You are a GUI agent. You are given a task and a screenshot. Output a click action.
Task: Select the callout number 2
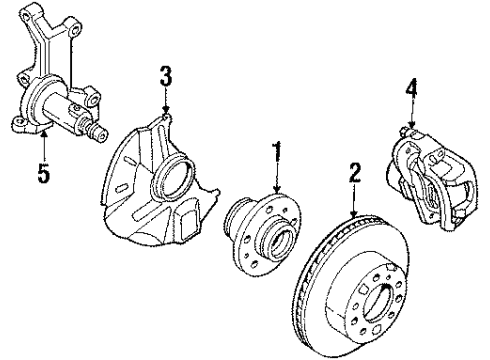pyautogui.click(x=355, y=173)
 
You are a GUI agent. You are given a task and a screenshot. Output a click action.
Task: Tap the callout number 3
pyautogui.click(x=166, y=76)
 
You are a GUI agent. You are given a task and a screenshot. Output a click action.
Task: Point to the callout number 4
pyautogui.click(x=411, y=88)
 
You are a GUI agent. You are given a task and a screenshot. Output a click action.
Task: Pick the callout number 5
pyautogui.click(x=44, y=173)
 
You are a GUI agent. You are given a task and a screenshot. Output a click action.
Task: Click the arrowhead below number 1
pyautogui.click(x=277, y=189)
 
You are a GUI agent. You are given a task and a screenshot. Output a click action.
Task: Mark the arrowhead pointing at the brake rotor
pyautogui.click(x=354, y=212)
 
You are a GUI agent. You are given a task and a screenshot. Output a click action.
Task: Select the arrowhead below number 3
pyautogui.click(x=166, y=110)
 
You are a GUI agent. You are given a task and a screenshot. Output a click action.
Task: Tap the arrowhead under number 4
pyautogui.click(x=412, y=124)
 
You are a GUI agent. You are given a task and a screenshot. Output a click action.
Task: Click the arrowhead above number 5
pyautogui.click(x=44, y=134)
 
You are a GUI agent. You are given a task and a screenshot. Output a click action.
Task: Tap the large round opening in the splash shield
pyautogui.click(x=173, y=177)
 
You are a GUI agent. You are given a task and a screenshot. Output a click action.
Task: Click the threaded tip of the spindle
pyautogui.click(x=100, y=134)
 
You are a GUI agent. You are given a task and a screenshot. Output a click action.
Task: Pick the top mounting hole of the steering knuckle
pyautogui.click(x=76, y=31)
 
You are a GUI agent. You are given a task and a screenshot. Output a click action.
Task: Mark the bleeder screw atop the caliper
pyautogui.click(x=405, y=129)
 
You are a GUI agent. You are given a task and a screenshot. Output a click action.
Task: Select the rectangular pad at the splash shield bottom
pyautogui.click(x=188, y=224)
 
